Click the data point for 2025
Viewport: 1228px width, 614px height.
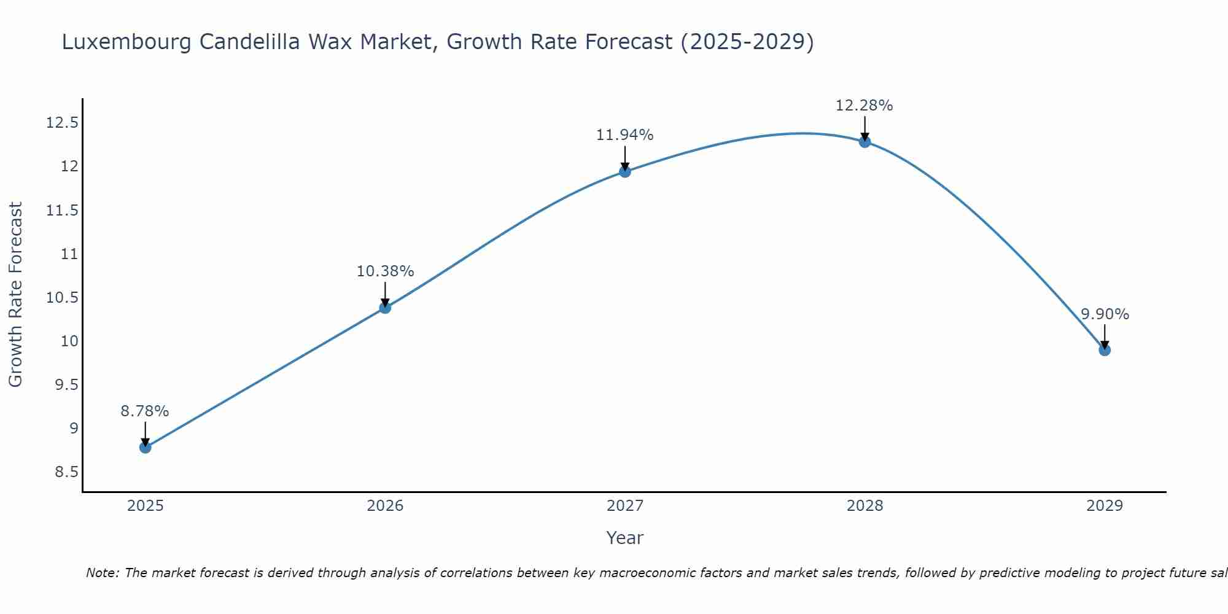(x=146, y=447)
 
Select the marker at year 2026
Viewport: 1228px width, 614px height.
(x=385, y=308)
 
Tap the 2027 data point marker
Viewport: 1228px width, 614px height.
(x=625, y=171)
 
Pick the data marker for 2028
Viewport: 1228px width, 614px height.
(x=865, y=142)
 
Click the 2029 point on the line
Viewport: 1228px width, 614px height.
(x=1105, y=350)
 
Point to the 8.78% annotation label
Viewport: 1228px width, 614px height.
(x=145, y=411)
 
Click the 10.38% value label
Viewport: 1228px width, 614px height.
(x=385, y=271)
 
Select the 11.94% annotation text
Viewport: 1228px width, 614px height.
(x=625, y=135)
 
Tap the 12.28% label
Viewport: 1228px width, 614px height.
(x=865, y=106)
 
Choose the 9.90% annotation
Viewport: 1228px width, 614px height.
(x=1105, y=314)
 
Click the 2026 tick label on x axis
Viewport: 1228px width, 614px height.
(x=385, y=506)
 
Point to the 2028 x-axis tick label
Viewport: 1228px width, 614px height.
(x=865, y=506)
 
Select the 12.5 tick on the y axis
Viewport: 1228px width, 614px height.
(x=62, y=123)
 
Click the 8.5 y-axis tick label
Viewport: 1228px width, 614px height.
(x=66, y=472)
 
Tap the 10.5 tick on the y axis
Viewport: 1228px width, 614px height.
(x=62, y=298)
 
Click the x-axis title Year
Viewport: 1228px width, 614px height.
(x=625, y=538)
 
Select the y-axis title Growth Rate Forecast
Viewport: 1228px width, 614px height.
(x=15, y=295)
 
